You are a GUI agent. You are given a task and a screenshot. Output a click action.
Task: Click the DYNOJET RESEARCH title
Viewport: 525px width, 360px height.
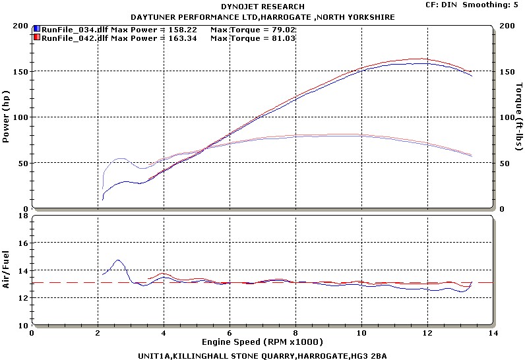click(x=262, y=7)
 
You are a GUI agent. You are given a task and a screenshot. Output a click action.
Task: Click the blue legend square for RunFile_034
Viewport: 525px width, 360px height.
click(x=37, y=30)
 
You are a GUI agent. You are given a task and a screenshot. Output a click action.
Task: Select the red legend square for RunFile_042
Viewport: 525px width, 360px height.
click(x=37, y=38)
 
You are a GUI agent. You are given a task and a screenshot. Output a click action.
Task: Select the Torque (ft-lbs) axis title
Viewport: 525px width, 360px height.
click(x=519, y=117)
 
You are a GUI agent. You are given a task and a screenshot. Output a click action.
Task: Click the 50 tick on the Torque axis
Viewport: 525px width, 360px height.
click(x=506, y=163)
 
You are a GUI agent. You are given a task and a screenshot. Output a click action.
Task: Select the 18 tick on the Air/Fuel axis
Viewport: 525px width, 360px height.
click(x=22, y=216)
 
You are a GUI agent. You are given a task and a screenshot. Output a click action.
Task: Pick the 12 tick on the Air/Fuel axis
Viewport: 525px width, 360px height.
click(x=22, y=298)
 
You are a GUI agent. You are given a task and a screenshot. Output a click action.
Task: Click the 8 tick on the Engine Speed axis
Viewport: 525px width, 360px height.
click(x=295, y=333)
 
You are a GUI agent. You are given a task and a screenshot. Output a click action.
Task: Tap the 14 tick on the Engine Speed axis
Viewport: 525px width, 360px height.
click(x=493, y=333)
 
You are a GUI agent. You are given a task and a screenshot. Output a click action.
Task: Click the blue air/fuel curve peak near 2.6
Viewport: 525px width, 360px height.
click(x=118, y=260)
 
